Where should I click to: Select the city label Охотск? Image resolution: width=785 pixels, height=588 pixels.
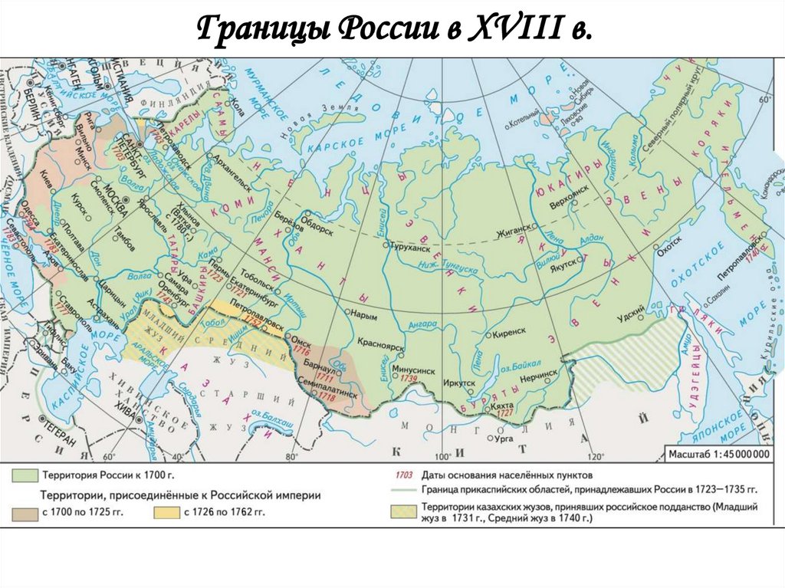pyautogui.click(x=669, y=240)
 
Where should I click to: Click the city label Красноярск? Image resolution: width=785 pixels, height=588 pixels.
pyautogui.click(x=379, y=347)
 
